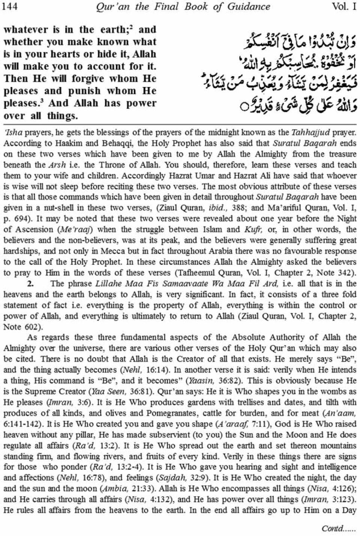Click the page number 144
pos(11,6)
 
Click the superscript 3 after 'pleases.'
pos(43,101)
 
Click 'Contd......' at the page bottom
pos(338,528)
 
